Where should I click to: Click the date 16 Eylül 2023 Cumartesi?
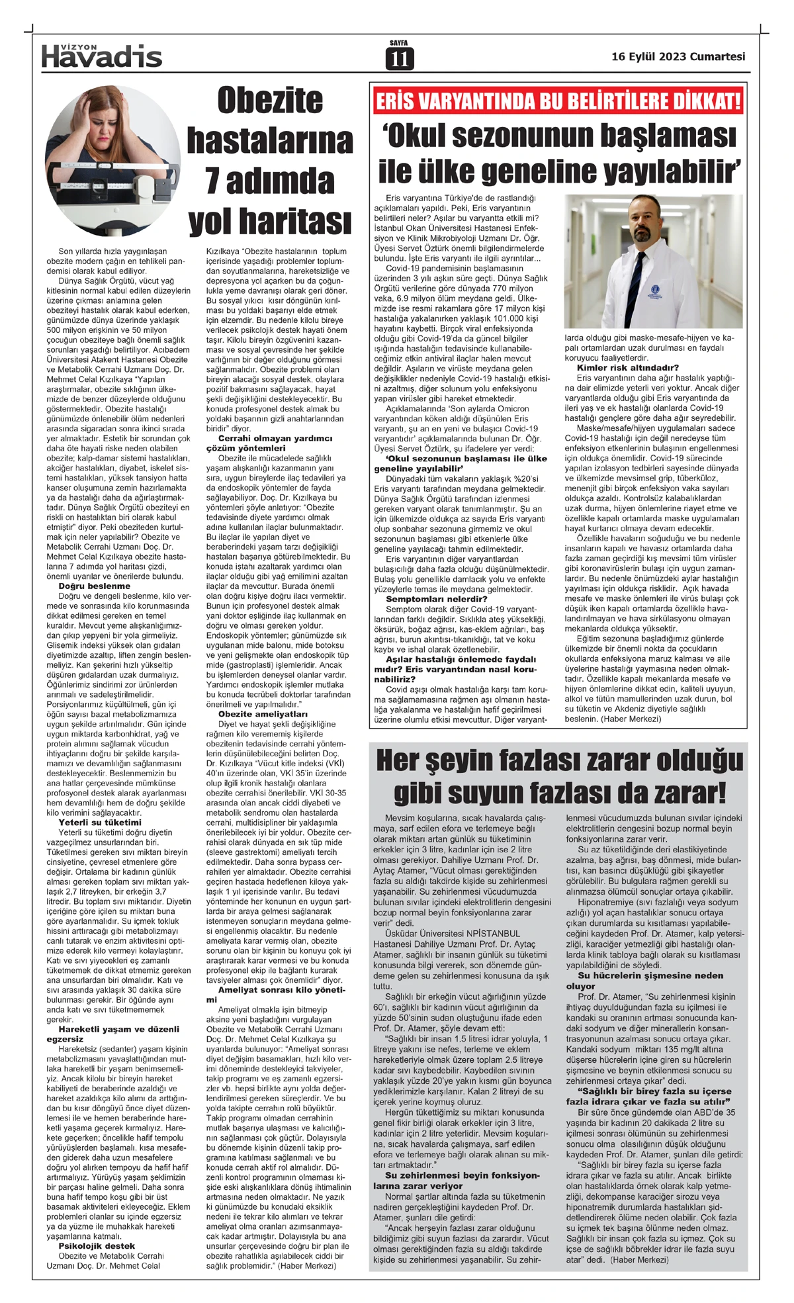[678, 57]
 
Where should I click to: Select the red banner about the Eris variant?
[558, 101]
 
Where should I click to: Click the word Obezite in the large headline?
[270, 101]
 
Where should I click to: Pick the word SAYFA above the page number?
[398, 43]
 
